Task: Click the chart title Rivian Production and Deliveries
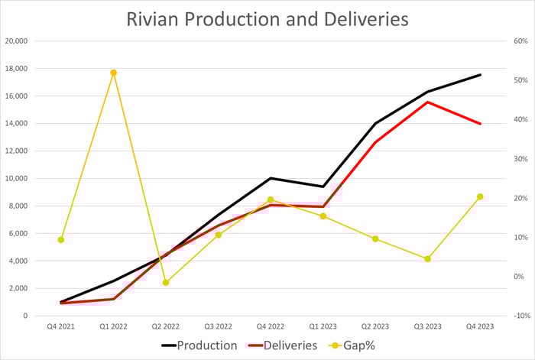pos(267,18)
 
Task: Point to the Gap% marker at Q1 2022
pos(113,73)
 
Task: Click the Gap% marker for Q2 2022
pos(166,283)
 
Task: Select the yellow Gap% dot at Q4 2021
pos(61,240)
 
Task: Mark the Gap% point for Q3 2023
pos(428,259)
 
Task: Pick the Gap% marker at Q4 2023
pos(480,197)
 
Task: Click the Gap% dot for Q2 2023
pos(375,239)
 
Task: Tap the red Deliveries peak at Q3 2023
pos(428,102)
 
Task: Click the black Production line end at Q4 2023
pos(480,75)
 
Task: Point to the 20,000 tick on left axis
pos(16,41)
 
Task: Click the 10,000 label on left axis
pos(16,179)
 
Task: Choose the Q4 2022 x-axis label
pos(271,326)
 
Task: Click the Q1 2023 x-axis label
pos(323,326)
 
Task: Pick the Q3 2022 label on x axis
pos(218,326)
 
